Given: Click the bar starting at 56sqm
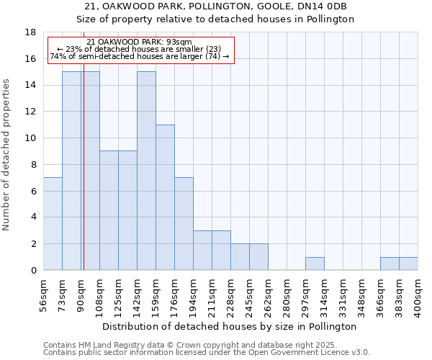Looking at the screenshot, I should pyautogui.click(x=53, y=224).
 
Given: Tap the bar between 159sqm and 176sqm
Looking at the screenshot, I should pyautogui.click(x=165, y=197).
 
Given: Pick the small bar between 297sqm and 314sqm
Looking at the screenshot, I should pyautogui.click(x=315, y=264).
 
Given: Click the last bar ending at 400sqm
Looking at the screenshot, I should pyautogui.click(x=408, y=264).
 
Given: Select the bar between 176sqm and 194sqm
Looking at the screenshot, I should pyautogui.click(x=184, y=224).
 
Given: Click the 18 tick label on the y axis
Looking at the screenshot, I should pyautogui.click(x=31, y=32).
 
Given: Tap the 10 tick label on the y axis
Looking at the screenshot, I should pyautogui.click(x=31, y=138).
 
